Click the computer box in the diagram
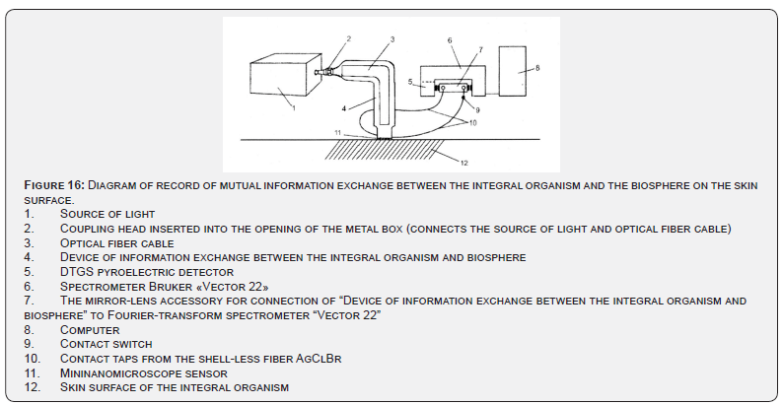tap(516, 70)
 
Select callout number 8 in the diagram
tap(538, 68)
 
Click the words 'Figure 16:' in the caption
tap(54, 185)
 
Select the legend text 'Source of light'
tap(107, 214)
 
